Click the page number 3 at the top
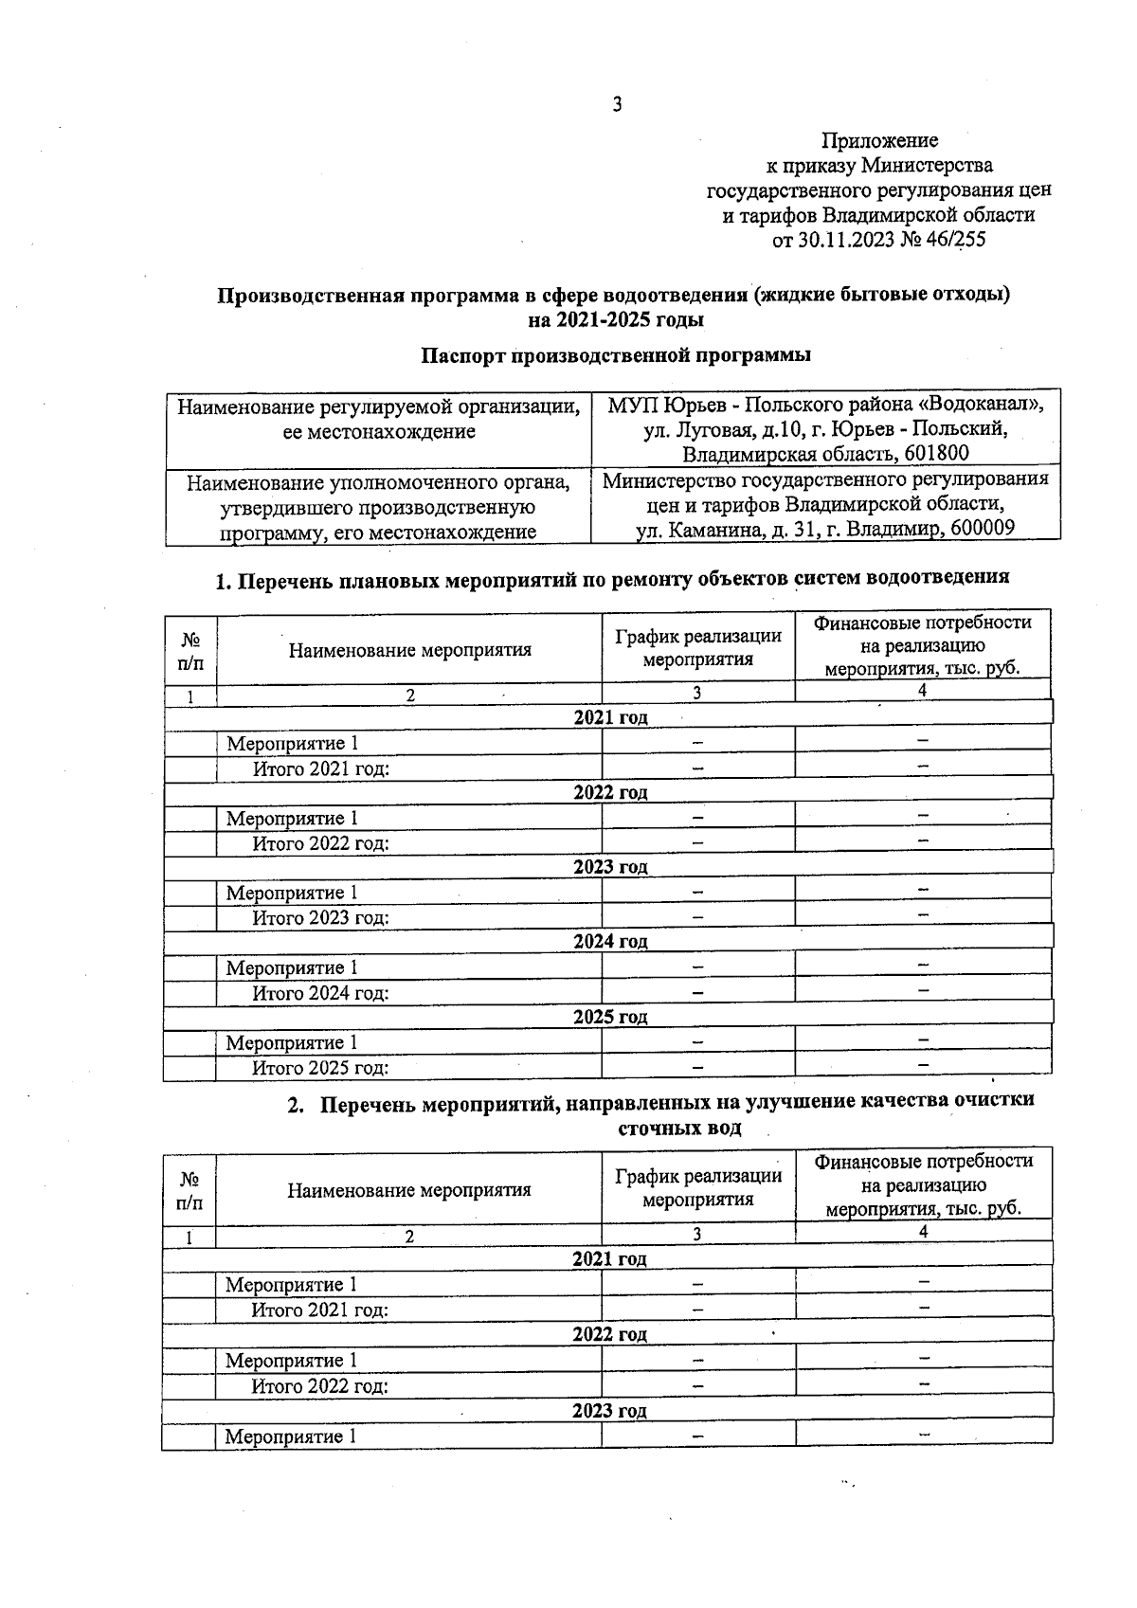pyautogui.click(x=617, y=105)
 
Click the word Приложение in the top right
pyautogui.click(x=879, y=141)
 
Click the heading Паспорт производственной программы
pyautogui.click(x=616, y=355)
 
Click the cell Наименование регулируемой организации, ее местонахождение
pyautogui.click(x=379, y=419)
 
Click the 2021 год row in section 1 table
pyautogui.click(x=610, y=717)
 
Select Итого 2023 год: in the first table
pyautogui.click(x=320, y=917)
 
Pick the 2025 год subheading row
pyautogui.click(x=610, y=1017)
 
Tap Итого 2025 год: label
pyautogui.click(x=320, y=1068)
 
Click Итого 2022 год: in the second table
pyautogui.click(x=319, y=1385)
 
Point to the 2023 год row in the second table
pyautogui.click(x=609, y=1410)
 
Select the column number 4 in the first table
pyautogui.click(x=922, y=691)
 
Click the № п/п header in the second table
pyautogui.click(x=189, y=1190)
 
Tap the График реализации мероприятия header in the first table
pyautogui.click(x=698, y=648)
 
